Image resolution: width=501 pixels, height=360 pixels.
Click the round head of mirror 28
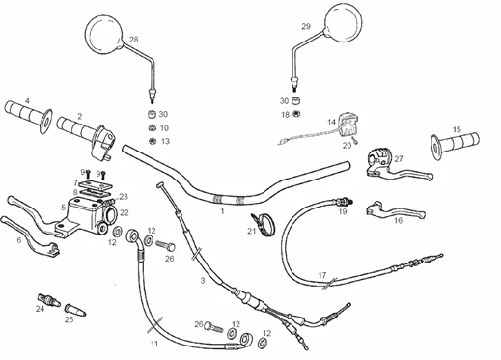(x=103, y=34)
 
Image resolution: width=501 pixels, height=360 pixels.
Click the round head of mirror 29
(x=343, y=22)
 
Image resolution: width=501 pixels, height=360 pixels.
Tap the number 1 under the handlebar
(x=222, y=211)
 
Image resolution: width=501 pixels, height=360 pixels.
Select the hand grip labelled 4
(x=29, y=117)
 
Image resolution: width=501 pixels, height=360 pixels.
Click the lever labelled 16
(x=396, y=210)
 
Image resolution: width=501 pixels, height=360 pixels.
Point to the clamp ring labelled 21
(x=264, y=225)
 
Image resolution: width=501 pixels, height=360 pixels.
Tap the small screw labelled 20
(x=355, y=140)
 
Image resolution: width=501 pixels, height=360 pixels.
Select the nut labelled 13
(x=153, y=141)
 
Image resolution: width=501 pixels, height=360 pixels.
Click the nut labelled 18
(x=296, y=114)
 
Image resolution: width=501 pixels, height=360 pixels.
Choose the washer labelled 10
(x=153, y=128)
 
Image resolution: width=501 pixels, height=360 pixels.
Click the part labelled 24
(x=49, y=300)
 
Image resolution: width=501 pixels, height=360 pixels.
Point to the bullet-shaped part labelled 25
(x=75, y=310)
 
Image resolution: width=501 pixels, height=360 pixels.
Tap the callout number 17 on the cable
(x=322, y=275)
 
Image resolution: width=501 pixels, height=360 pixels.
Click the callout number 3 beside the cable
(x=203, y=281)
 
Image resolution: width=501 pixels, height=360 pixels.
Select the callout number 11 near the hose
(x=154, y=344)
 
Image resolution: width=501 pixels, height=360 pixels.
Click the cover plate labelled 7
(x=96, y=185)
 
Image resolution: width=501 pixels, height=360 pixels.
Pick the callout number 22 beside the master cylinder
(x=125, y=212)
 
